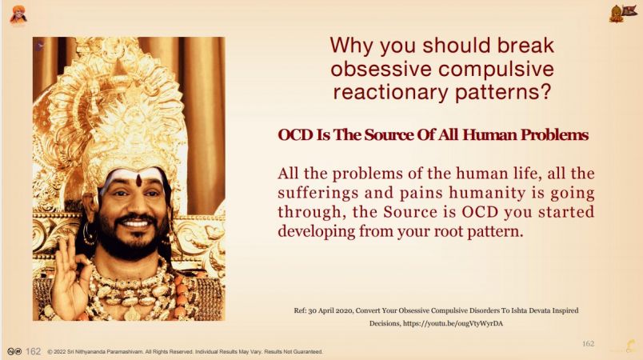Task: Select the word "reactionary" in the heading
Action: [390, 92]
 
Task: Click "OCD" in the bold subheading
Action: [295, 135]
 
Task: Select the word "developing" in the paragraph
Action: [316, 232]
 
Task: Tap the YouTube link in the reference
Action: [453, 323]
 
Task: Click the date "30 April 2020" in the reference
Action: [329, 310]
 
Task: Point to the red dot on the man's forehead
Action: [139, 179]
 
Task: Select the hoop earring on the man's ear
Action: [89, 235]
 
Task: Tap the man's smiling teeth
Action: [136, 224]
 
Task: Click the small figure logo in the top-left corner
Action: [18, 14]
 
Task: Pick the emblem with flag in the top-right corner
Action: [622, 14]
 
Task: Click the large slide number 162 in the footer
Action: [34, 351]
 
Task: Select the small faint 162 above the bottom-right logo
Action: [588, 343]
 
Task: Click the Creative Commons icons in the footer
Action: [14, 351]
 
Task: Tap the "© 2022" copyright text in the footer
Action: [57, 352]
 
